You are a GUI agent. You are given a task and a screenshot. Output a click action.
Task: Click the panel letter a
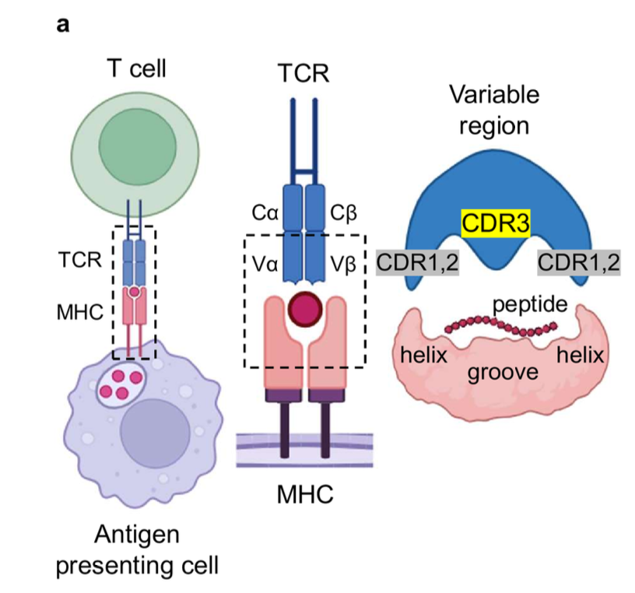pyautogui.click(x=63, y=23)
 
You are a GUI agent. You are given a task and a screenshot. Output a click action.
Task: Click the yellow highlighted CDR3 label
pyautogui.click(x=496, y=224)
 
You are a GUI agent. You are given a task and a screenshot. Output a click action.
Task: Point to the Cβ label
pyautogui.click(x=344, y=212)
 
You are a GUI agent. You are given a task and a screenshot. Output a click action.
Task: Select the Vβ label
pyautogui.click(x=344, y=263)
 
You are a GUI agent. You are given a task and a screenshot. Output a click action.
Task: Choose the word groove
pyautogui.click(x=503, y=372)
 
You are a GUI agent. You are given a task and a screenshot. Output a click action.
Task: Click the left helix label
pyautogui.click(x=426, y=356)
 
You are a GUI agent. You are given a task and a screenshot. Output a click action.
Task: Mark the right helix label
pyautogui.click(x=580, y=356)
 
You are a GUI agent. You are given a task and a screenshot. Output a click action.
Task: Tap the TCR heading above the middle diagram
pyautogui.click(x=303, y=75)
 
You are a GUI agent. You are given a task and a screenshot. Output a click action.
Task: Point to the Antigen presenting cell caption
pyautogui.click(x=136, y=549)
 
